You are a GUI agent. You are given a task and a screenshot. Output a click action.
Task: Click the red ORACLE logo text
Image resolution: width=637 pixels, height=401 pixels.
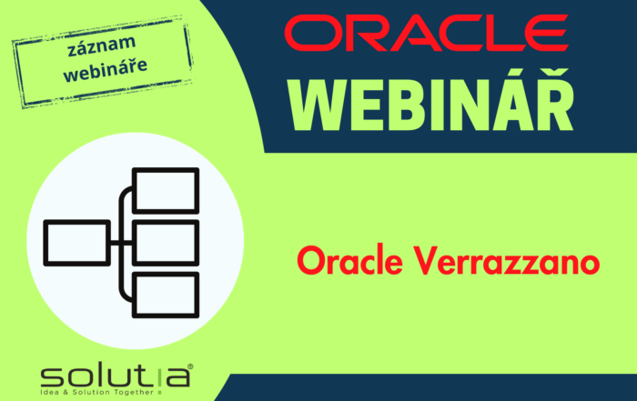[x=425, y=33]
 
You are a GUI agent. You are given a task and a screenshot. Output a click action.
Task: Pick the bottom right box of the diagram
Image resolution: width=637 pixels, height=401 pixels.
[x=165, y=293]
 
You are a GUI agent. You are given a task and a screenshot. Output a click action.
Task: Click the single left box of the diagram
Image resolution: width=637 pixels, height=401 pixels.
[x=76, y=242]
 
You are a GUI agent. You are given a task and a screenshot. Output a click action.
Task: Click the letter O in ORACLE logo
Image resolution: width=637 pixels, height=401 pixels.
[x=314, y=33]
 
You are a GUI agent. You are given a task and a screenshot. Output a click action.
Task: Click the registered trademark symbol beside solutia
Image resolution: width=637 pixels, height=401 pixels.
[x=189, y=366]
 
